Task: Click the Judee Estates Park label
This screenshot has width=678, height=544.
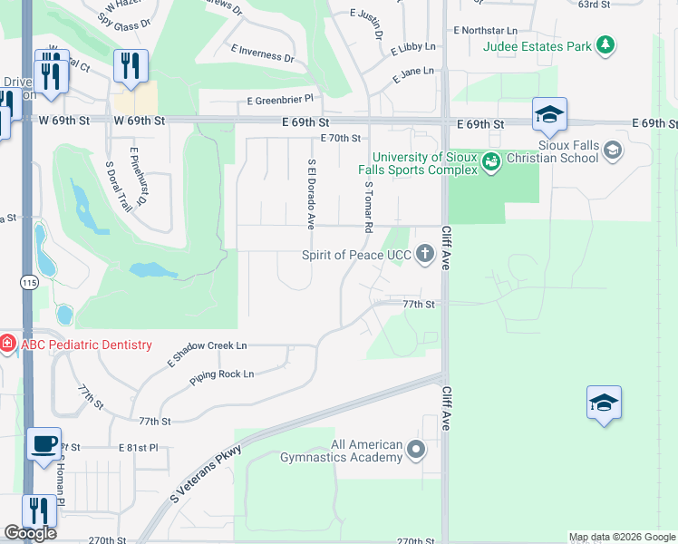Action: [538, 45]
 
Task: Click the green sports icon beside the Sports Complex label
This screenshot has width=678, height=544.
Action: [491, 163]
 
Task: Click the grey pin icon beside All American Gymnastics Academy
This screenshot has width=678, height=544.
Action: [416, 450]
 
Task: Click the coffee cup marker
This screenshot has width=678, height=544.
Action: [44, 444]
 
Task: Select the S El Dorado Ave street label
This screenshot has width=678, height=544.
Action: [311, 194]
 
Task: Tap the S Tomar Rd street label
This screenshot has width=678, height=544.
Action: [369, 208]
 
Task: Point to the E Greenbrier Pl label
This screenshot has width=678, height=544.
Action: [279, 99]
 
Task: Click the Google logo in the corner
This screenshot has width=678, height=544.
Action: [31, 533]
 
